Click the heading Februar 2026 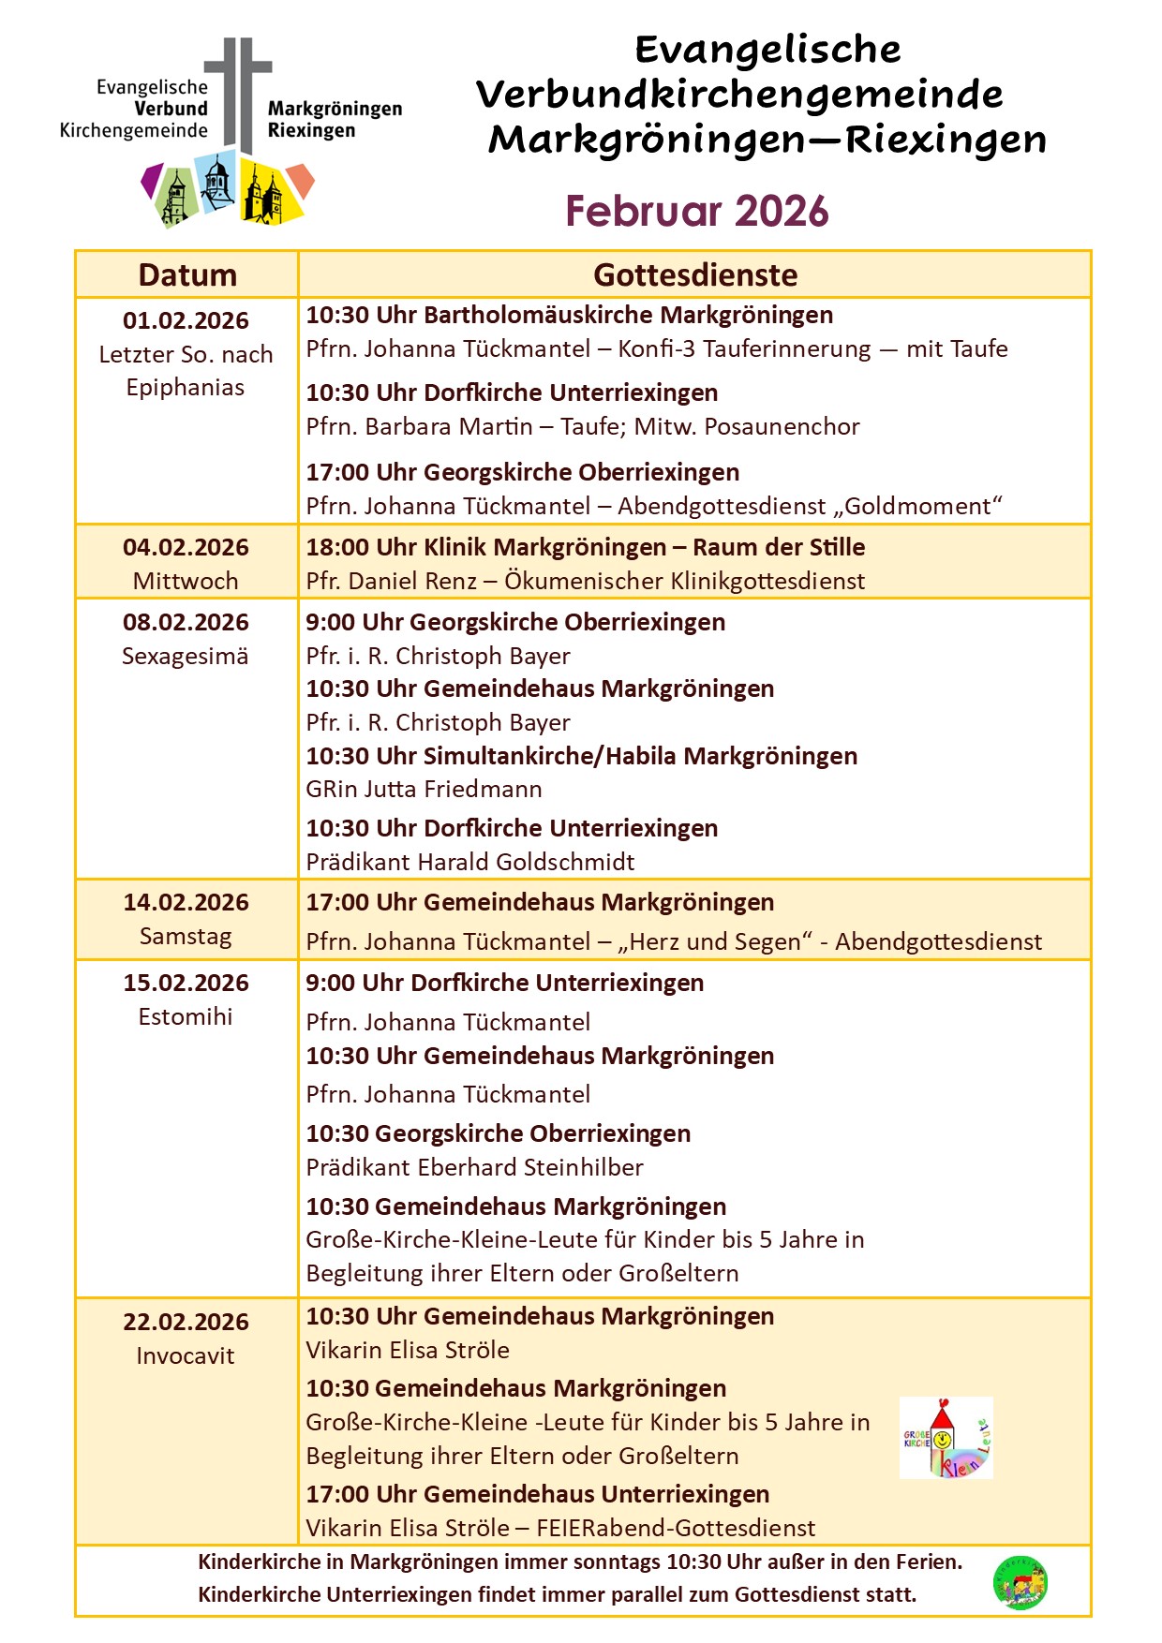pos(696,212)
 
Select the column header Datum pos(186,275)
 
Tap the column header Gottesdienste pos(695,275)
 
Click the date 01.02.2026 pos(186,320)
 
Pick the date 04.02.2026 pos(186,547)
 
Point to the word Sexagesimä pos(186,656)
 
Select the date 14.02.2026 pos(186,902)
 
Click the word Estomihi pos(186,1016)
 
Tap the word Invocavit pos(186,1355)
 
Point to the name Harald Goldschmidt pos(526,862)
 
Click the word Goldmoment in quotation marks pos(917,507)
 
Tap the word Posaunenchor pos(782,427)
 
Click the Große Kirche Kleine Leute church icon pos(946,1438)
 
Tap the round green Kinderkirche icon pos(1020,1583)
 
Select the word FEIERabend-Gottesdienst pos(676,1528)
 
